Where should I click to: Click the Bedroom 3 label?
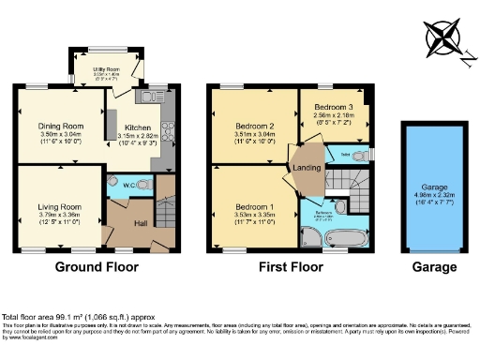coord(332,107)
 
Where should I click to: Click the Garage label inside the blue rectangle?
coord(431,185)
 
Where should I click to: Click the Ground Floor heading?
coord(97,267)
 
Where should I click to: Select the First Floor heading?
coord(291,267)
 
